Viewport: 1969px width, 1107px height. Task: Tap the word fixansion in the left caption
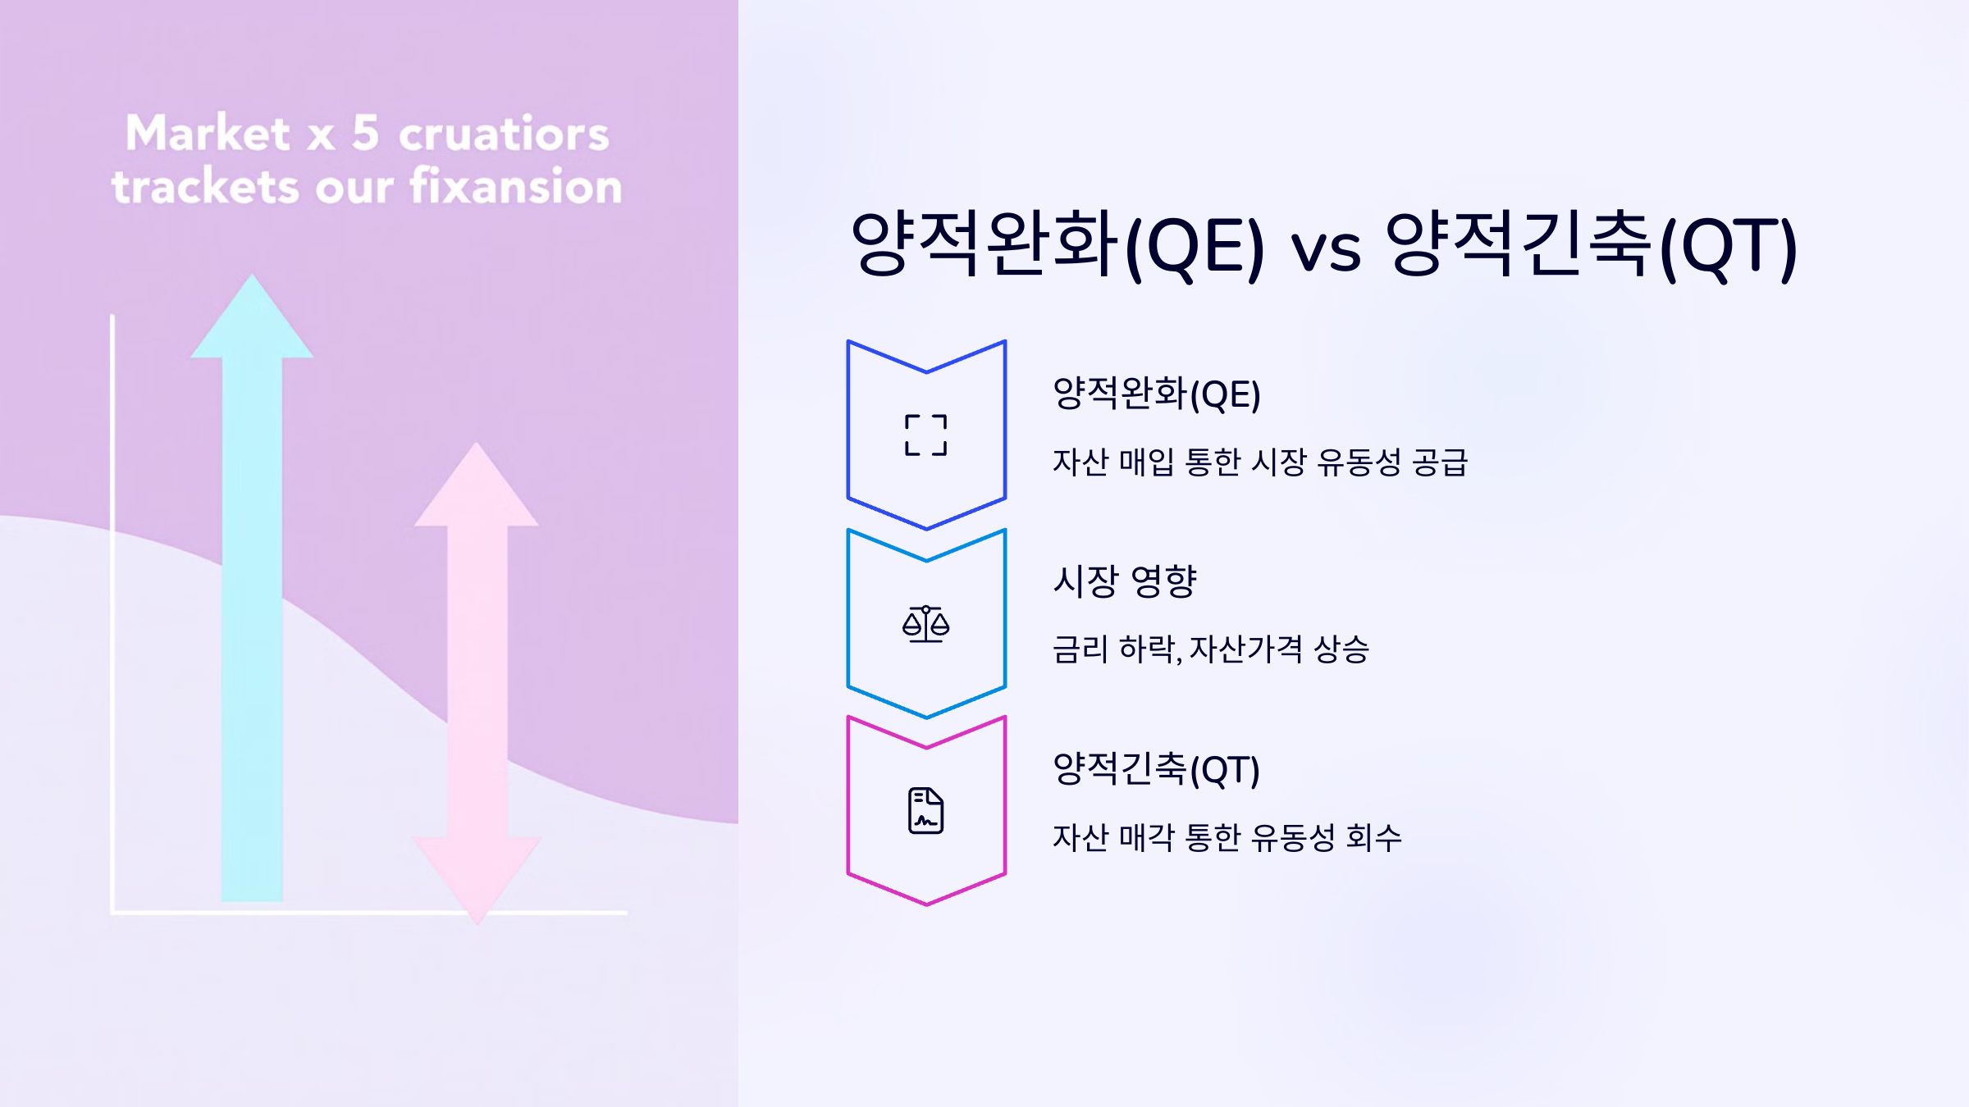click(516, 186)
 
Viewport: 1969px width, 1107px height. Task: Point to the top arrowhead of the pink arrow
click(476, 484)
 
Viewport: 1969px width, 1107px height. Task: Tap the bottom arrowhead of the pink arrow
click(477, 881)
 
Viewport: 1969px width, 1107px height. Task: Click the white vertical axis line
click(112, 615)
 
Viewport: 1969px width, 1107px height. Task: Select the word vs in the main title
click(1326, 248)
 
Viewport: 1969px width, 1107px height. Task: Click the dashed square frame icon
click(926, 435)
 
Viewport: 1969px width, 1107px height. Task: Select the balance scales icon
click(926, 624)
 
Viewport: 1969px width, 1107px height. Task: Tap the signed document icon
click(926, 811)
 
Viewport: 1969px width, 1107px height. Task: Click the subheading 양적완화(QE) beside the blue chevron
click(1156, 394)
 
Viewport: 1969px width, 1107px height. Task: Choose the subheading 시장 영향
click(1125, 581)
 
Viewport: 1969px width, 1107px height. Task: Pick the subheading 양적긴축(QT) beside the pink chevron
click(1156, 769)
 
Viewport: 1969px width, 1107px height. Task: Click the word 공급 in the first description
click(1440, 462)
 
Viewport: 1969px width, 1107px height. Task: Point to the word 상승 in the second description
click(1341, 649)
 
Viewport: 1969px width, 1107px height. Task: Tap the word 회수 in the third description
click(1374, 837)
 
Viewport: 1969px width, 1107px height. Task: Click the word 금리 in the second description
click(1080, 649)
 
